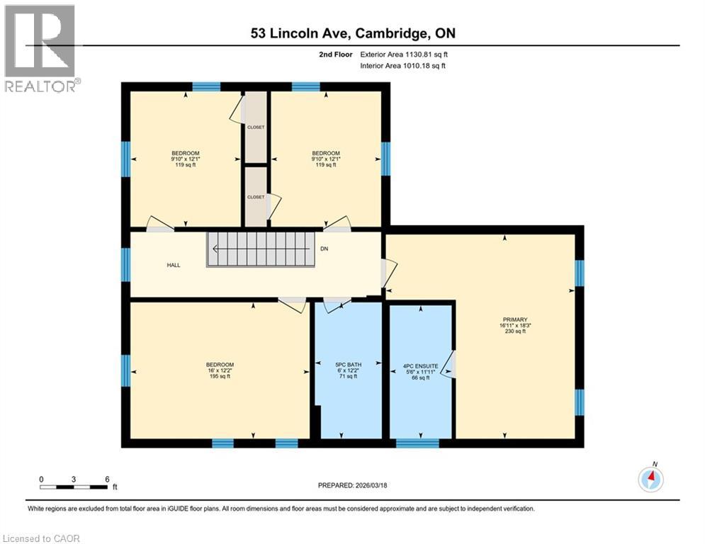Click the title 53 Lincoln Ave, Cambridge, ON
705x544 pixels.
click(x=352, y=33)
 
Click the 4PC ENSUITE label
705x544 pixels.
click(x=421, y=372)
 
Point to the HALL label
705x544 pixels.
click(x=174, y=265)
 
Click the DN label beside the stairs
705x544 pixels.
click(x=325, y=249)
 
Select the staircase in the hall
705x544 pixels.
click(x=260, y=249)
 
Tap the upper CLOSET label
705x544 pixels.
click(x=256, y=127)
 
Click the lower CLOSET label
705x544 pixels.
click(x=256, y=197)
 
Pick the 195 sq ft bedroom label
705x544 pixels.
click(x=220, y=370)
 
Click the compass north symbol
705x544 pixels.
click(x=650, y=479)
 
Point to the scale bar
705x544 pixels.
click(x=74, y=487)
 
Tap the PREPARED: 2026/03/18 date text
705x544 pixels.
click(x=352, y=485)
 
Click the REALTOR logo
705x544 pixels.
click(x=40, y=48)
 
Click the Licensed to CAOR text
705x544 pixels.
click(x=42, y=538)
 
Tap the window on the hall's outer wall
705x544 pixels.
click(x=125, y=263)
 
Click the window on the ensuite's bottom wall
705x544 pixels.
click(x=417, y=443)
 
